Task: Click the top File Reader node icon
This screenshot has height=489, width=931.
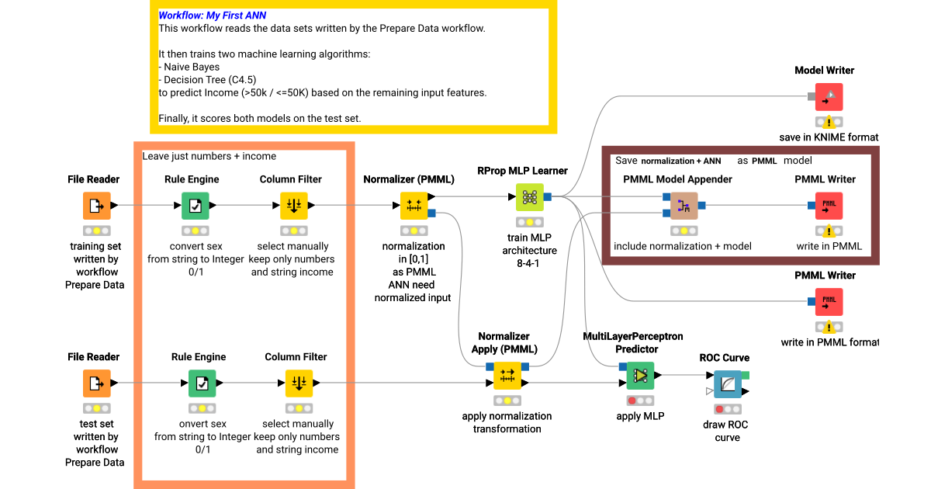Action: [x=97, y=206]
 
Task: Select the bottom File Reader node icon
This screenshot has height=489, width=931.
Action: [x=97, y=383]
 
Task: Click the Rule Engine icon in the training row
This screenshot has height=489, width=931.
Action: [x=195, y=206]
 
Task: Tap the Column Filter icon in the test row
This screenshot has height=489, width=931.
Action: [x=299, y=383]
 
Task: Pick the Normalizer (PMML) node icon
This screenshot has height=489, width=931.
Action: [x=414, y=206]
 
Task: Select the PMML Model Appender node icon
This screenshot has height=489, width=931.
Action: [x=684, y=206]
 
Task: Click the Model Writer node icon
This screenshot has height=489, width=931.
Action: [x=829, y=97]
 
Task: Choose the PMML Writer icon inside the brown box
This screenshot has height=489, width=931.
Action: [x=829, y=206]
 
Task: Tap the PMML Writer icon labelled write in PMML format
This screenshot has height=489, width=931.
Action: [x=829, y=302]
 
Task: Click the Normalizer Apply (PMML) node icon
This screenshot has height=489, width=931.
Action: [x=507, y=376]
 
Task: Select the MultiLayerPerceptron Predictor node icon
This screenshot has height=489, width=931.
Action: [x=640, y=376]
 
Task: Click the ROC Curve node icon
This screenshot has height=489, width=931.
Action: [x=728, y=384]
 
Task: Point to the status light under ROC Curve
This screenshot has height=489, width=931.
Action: [x=728, y=409]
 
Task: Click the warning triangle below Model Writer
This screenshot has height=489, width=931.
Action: [x=829, y=122]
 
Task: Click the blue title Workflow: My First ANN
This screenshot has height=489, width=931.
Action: [x=212, y=16]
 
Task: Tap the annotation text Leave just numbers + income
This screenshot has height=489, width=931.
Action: [x=209, y=156]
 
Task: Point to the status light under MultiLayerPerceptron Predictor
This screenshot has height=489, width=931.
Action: [x=640, y=401]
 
